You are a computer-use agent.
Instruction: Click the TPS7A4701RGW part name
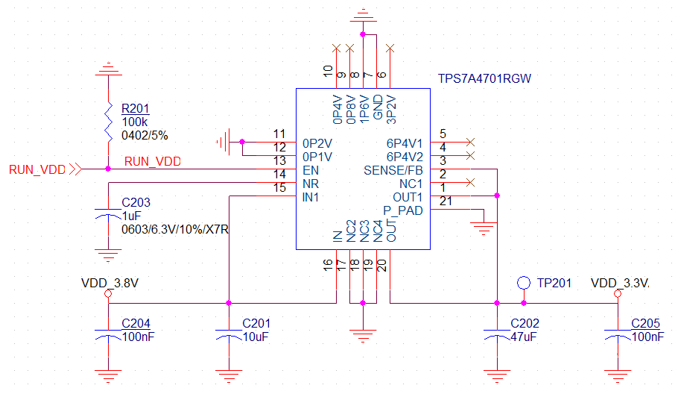click(x=484, y=78)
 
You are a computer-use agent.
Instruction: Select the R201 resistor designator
click(x=136, y=108)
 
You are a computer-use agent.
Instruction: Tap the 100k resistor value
click(x=134, y=122)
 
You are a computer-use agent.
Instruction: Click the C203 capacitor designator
click(x=136, y=202)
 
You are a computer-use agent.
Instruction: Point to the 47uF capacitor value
click(x=523, y=337)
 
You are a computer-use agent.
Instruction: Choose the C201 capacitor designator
click(x=256, y=323)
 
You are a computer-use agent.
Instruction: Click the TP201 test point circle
click(x=524, y=283)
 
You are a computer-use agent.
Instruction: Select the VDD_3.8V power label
click(x=110, y=283)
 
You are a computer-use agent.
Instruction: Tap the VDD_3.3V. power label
click(x=620, y=283)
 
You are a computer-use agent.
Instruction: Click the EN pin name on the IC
click(x=311, y=170)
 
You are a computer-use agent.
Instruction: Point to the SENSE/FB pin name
click(x=393, y=170)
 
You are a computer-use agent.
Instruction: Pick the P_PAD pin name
click(x=403, y=211)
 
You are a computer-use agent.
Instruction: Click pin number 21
click(x=446, y=201)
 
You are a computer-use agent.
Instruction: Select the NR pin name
click(x=311, y=184)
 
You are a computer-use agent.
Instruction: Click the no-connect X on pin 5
click(x=470, y=142)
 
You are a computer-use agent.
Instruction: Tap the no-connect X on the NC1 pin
click(x=470, y=183)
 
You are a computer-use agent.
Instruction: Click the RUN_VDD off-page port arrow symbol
click(x=75, y=169)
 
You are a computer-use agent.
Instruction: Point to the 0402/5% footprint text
click(x=145, y=136)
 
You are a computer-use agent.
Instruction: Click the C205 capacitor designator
click(x=645, y=323)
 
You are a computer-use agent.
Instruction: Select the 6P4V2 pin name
click(x=405, y=157)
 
